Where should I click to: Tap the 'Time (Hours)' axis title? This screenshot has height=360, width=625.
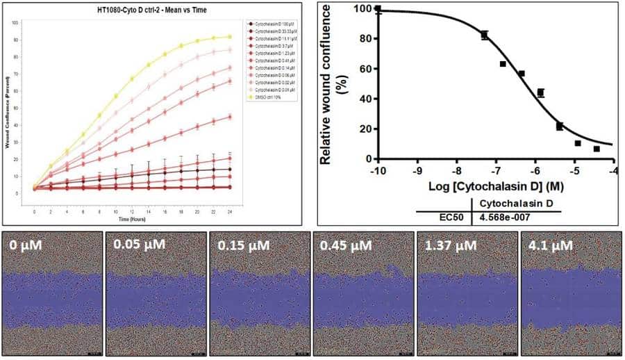coord(132,218)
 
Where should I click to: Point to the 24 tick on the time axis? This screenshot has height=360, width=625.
coord(230,210)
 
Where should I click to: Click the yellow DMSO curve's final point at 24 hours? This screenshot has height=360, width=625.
coord(230,37)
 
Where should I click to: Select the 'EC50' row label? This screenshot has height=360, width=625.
coord(449,217)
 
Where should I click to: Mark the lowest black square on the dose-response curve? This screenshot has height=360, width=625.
coord(597,149)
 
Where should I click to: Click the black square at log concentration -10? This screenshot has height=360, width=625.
coord(378,10)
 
